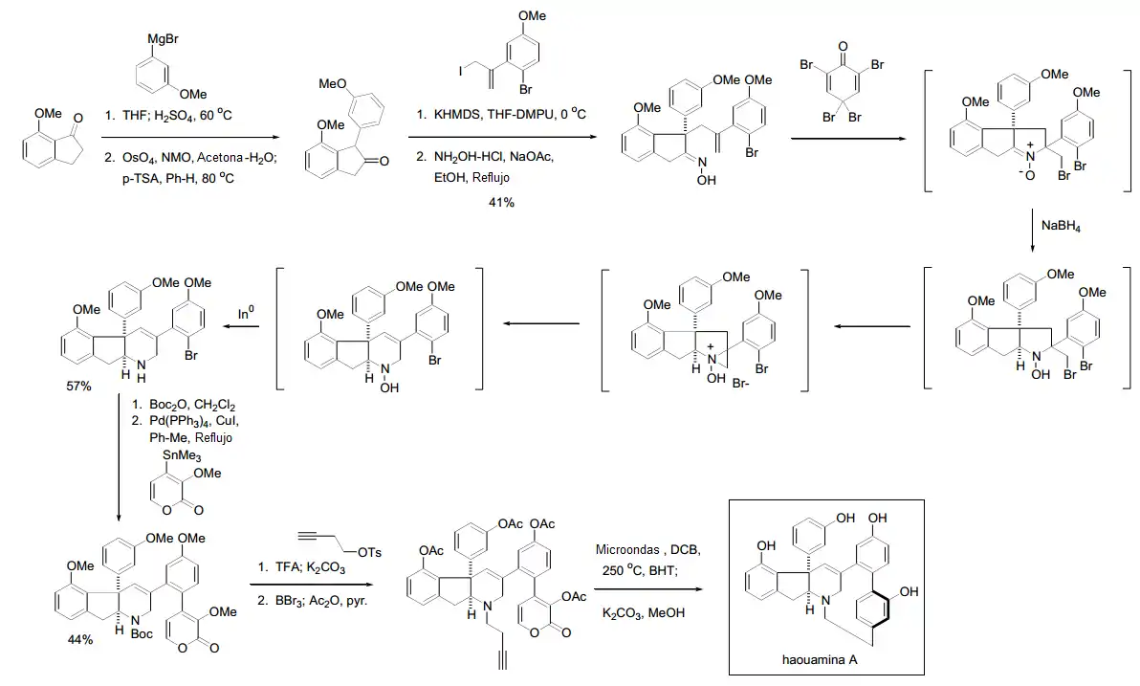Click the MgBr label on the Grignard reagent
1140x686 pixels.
click(163, 39)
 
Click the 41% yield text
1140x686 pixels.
click(502, 202)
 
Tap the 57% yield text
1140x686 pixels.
click(79, 387)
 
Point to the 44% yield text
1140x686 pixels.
click(80, 639)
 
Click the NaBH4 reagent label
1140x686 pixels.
click(1061, 226)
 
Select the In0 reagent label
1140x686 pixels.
click(247, 313)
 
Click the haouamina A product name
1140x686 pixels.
click(820, 660)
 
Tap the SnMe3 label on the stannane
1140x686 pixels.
click(182, 456)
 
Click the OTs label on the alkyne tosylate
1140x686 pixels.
click(369, 552)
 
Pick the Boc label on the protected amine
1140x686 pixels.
click(142, 633)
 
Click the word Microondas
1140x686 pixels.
click(627, 550)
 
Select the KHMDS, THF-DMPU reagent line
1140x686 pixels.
click(501, 114)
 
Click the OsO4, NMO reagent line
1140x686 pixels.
click(190, 158)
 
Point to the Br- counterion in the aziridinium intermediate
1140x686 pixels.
click(741, 384)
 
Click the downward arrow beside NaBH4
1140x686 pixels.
click(1032, 231)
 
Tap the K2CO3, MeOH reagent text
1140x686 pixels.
click(644, 613)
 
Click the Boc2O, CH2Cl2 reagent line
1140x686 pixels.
click(184, 406)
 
